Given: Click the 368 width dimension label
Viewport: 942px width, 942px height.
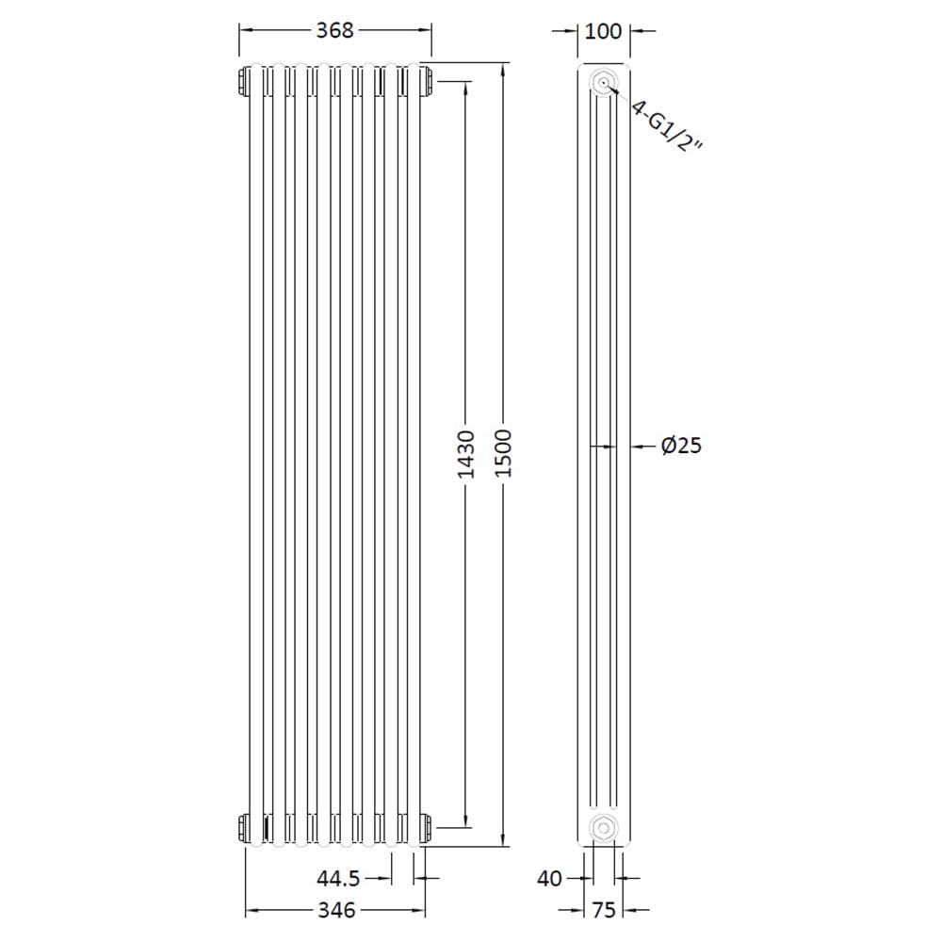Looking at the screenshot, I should [334, 30].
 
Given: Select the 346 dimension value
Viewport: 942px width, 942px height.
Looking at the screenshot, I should [336, 910].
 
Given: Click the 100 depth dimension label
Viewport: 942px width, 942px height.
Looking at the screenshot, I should [603, 31].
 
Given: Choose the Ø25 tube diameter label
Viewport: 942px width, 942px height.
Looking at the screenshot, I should [681, 446].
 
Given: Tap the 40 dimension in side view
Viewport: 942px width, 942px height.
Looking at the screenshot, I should [550, 879].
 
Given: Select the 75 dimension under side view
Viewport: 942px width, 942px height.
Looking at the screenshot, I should [603, 910].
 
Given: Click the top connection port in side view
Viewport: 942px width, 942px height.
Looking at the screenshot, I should [602, 82].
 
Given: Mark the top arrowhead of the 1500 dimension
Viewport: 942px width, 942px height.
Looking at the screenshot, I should [503, 68].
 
